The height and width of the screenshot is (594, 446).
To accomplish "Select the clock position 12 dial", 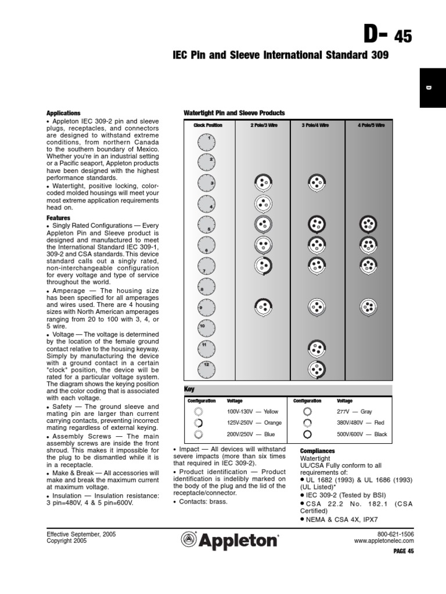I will [x=207, y=368].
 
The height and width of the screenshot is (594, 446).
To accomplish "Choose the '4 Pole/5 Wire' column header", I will [x=371, y=125].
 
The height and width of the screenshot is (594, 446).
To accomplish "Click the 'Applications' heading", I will [x=63, y=113].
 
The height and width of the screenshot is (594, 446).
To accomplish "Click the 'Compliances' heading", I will [x=318, y=451].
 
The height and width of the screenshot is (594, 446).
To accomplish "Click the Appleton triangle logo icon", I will [x=189, y=540].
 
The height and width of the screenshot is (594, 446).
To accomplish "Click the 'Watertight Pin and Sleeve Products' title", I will [x=234, y=113].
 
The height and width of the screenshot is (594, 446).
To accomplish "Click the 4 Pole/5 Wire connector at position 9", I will [x=367, y=305].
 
